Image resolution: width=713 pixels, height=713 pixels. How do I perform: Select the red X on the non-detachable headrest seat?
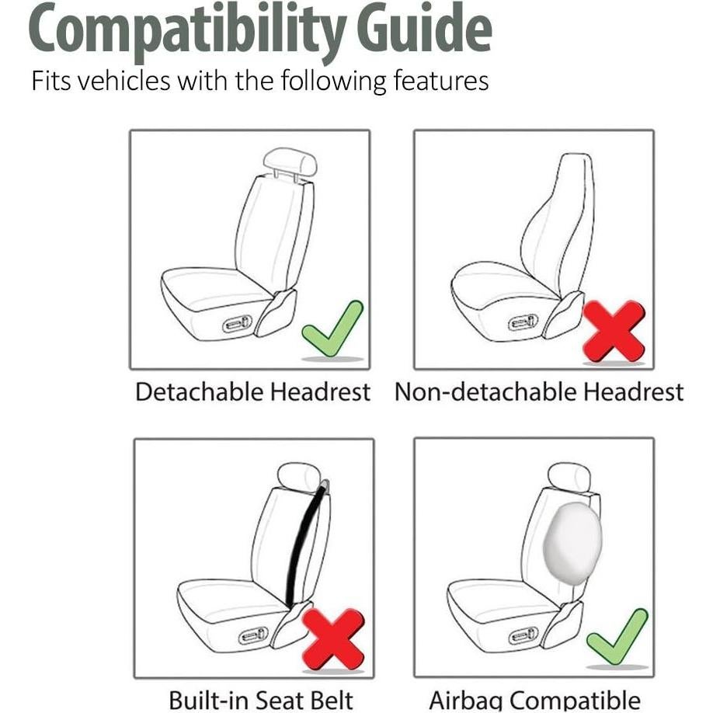[614, 330]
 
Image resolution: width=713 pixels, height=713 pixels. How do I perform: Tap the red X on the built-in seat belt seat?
[333, 638]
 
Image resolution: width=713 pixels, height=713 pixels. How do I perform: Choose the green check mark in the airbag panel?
[617, 636]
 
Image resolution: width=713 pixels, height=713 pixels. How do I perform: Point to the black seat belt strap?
[304, 544]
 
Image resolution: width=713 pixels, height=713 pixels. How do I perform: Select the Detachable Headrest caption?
[252, 391]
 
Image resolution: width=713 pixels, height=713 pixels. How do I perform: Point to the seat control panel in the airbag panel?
[523, 636]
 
